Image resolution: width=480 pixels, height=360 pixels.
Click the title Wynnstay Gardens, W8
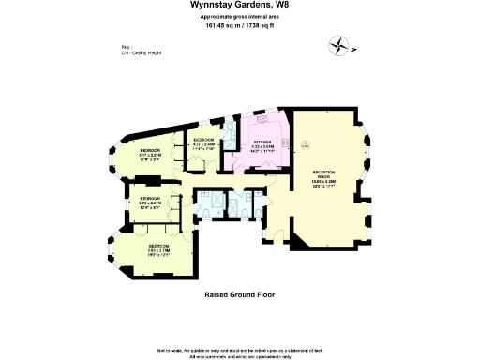[x=239, y=6]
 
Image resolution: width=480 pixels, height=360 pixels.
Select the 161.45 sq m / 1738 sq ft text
[x=239, y=26]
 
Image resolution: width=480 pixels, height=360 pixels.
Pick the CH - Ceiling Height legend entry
[x=140, y=52]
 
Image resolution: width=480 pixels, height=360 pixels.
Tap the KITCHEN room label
[x=262, y=142]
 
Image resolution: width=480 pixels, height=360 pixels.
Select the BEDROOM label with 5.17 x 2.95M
[x=151, y=151]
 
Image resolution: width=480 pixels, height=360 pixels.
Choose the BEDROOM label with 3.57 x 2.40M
[x=204, y=140]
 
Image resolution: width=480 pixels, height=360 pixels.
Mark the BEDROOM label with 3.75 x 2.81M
[x=150, y=199]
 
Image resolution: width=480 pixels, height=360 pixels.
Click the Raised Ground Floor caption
[x=239, y=294]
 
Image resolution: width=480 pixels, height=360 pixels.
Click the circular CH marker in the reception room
[x=307, y=142]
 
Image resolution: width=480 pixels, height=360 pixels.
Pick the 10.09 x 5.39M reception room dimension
[x=324, y=181]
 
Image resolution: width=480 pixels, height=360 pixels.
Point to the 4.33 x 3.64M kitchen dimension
[x=262, y=147]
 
